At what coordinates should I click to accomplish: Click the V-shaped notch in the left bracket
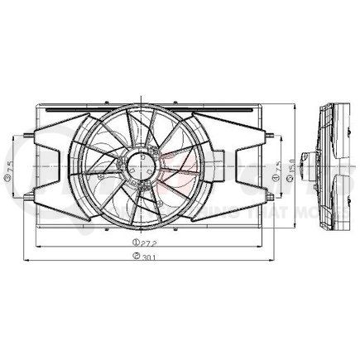click(x=51, y=163)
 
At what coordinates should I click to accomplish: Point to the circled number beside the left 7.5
click(x=7, y=186)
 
